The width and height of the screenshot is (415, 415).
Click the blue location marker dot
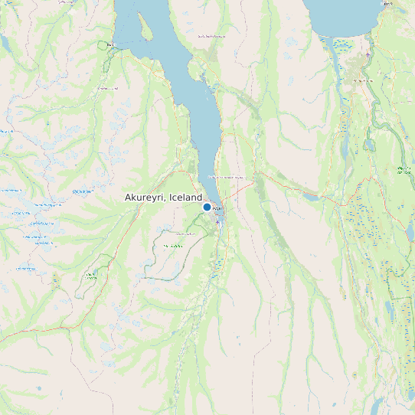point(207,207)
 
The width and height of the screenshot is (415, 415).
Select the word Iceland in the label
point(186,198)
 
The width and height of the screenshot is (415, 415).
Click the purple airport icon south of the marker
point(217,223)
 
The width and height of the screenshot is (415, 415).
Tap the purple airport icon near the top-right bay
point(368,54)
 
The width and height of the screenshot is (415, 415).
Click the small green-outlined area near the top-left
point(103,45)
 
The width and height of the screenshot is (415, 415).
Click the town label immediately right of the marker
point(217,207)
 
